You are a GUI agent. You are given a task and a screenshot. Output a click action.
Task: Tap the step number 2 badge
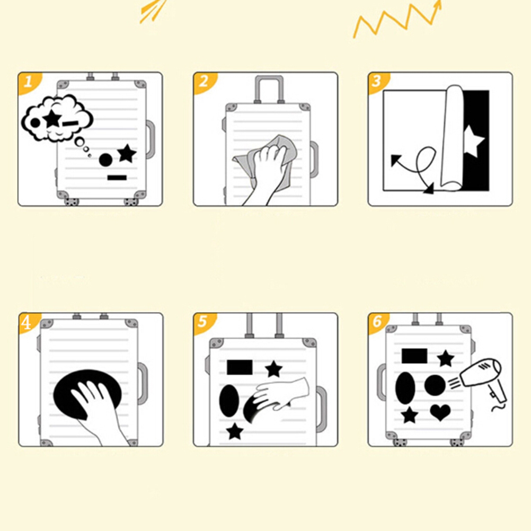(x=203, y=82)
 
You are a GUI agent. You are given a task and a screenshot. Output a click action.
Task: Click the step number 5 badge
(x=203, y=322)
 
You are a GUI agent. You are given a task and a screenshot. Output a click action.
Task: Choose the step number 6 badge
(x=377, y=322)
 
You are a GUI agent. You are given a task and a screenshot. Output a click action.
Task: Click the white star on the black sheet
(x=474, y=141)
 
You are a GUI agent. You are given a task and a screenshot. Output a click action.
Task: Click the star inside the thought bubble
(x=52, y=119)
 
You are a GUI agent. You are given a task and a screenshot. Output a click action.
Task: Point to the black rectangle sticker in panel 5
(x=240, y=367)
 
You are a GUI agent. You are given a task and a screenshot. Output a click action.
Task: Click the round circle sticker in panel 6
(x=435, y=385)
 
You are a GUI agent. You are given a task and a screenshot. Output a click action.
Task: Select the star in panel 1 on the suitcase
(x=127, y=153)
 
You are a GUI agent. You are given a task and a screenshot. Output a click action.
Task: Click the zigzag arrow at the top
(x=397, y=19)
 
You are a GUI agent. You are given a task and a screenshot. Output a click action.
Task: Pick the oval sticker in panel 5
(x=229, y=401)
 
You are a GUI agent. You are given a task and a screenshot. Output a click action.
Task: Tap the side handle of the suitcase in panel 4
(x=143, y=383)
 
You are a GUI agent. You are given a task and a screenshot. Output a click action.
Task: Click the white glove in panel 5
(x=283, y=393)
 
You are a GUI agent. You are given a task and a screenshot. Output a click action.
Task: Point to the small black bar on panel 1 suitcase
(x=117, y=178)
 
